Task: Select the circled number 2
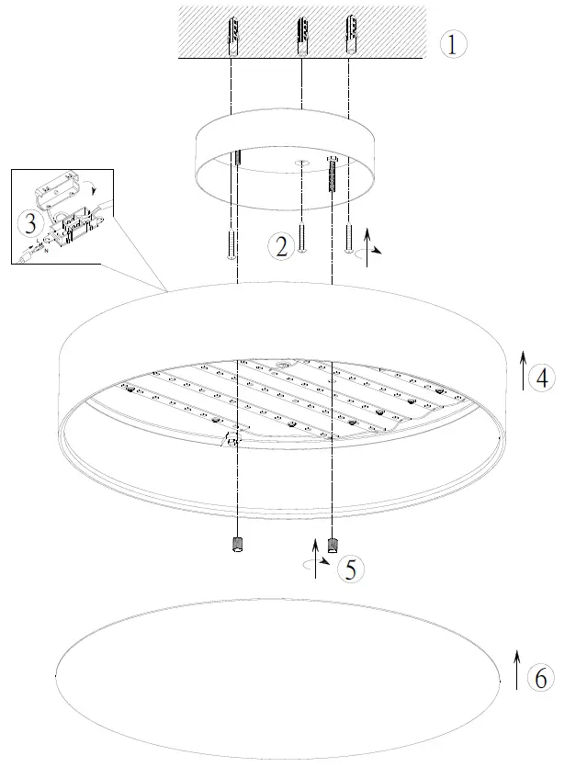pyautogui.click(x=281, y=244)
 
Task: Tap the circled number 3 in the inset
pyautogui.click(x=30, y=223)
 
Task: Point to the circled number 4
pyautogui.click(x=544, y=377)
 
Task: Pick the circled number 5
pyautogui.click(x=348, y=569)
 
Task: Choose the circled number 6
pyautogui.click(x=541, y=678)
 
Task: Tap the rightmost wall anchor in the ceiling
pyautogui.click(x=349, y=35)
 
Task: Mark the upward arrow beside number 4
pyautogui.click(x=522, y=369)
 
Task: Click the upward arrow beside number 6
pyautogui.click(x=516, y=671)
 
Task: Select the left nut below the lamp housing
pyautogui.click(x=236, y=545)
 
